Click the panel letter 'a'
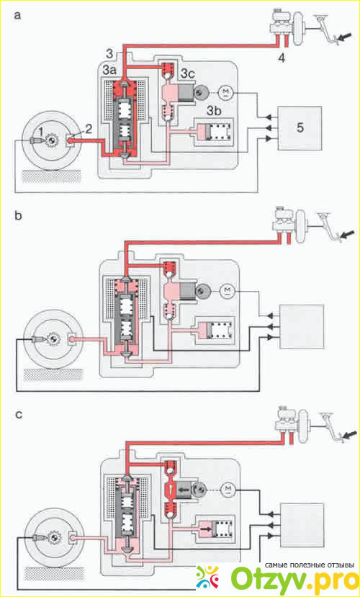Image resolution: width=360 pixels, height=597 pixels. coord(17,16)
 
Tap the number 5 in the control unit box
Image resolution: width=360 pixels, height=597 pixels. coord(300,127)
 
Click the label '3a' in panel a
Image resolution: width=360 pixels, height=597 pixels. coord(111,71)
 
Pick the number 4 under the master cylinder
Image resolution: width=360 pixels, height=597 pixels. coord(281,58)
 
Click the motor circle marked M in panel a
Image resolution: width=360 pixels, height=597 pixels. coord(225,91)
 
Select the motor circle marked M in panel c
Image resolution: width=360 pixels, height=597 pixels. coord(228,488)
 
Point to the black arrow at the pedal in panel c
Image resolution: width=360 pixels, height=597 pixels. coord(350,434)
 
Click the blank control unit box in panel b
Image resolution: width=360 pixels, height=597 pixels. coord(302,327)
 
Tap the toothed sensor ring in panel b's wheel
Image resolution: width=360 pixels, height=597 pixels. coord(52,338)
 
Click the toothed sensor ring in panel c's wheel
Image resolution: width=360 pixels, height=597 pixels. coord(53,538)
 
